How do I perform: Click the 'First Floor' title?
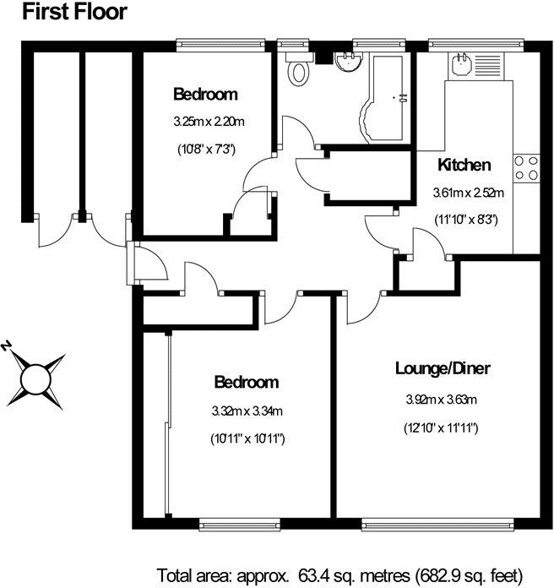pos(74,12)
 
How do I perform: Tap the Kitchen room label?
pos(464,165)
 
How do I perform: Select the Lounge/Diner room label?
pos(443,368)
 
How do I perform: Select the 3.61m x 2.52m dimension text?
pos(468,193)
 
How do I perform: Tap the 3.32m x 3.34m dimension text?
pos(246,411)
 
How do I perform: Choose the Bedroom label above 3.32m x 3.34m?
pos(246,383)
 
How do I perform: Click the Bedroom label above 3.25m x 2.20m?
pos(205,94)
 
